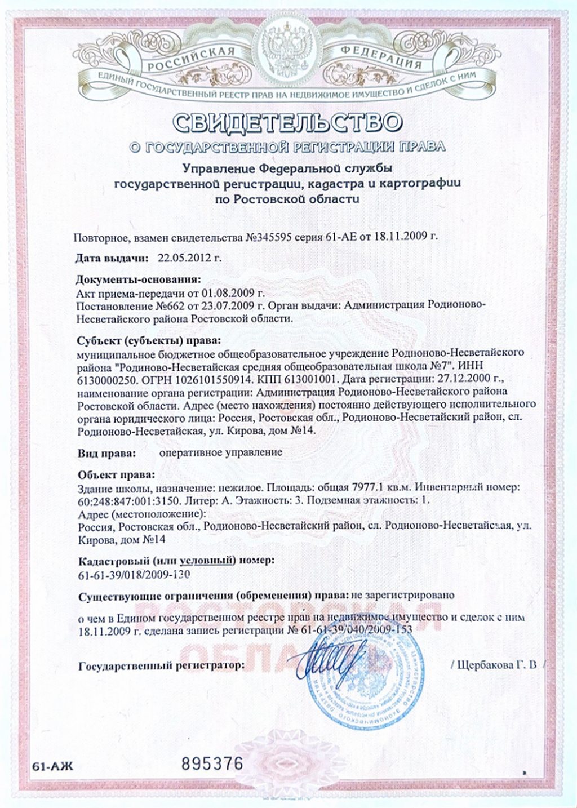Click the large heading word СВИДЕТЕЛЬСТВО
click(x=288, y=122)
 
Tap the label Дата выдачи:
click(x=112, y=259)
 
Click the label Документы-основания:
click(x=138, y=279)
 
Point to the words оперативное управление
click(x=220, y=452)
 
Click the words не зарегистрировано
click(x=402, y=595)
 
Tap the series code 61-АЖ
click(x=53, y=767)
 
